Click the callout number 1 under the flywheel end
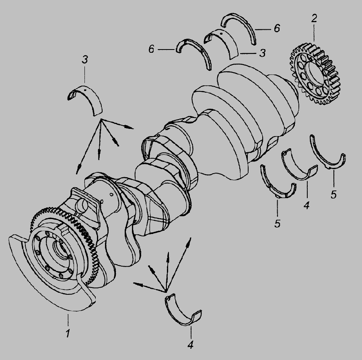[68, 333]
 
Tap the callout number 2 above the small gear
[314, 19]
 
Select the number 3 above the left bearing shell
[85, 60]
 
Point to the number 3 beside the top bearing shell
[262, 53]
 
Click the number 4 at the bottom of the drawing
[190, 345]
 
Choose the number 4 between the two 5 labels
[306, 205]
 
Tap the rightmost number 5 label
[333, 194]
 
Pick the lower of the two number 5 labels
[277, 223]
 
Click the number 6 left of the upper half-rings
[151, 49]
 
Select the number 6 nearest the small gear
[277, 28]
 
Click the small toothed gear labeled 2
[315, 74]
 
